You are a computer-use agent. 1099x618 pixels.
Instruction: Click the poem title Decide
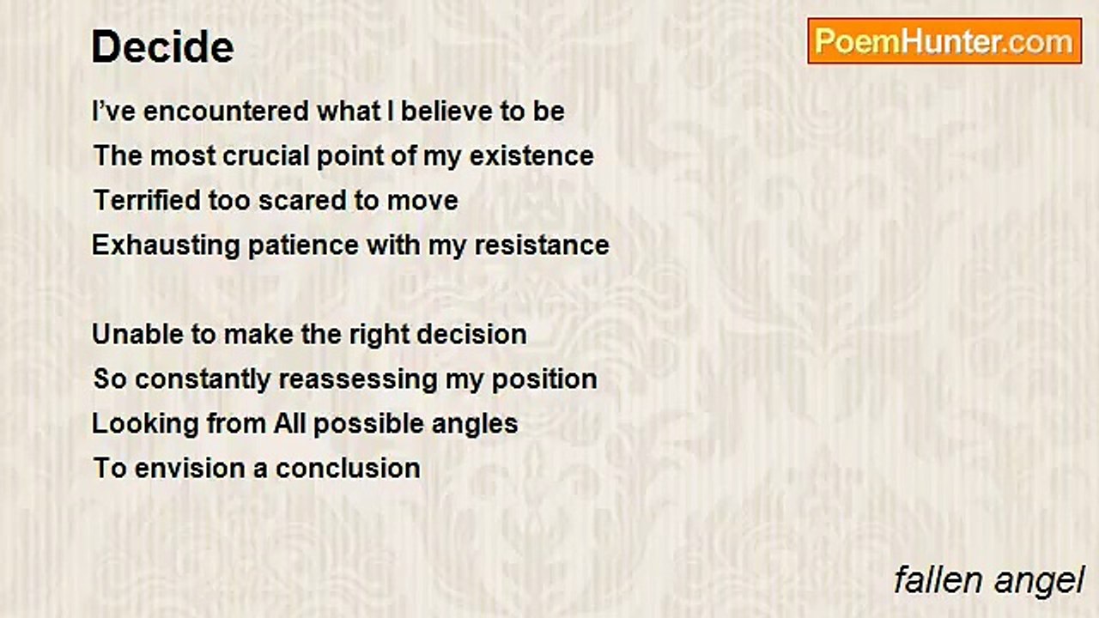[163, 46]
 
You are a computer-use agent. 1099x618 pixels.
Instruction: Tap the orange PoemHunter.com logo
[944, 41]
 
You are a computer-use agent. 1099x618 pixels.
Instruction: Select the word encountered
[226, 111]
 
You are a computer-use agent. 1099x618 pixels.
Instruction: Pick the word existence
[531, 156]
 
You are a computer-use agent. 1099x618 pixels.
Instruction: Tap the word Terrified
[147, 200]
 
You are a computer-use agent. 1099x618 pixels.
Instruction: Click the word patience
[303, 245]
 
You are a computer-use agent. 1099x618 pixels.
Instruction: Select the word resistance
[542, 245]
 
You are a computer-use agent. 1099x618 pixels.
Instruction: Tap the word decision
[471, 334]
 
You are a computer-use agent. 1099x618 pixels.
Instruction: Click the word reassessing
[358, 380]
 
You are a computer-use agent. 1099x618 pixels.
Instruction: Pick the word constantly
[203, 380]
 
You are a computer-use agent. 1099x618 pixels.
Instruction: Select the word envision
[190, 468]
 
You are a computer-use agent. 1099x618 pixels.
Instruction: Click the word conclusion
[348, 468]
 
